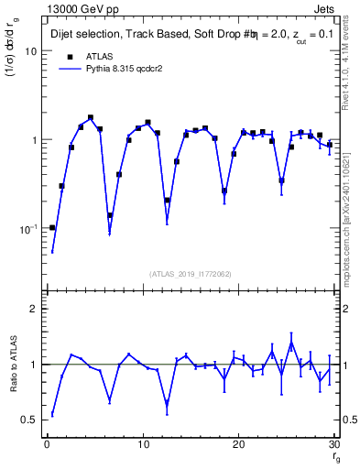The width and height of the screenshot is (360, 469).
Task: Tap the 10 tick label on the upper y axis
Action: point(30,51)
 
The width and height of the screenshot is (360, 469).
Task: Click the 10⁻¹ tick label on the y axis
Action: point(27,228)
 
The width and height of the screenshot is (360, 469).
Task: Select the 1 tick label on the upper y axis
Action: point(33,140)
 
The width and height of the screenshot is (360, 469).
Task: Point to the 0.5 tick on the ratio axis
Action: point(29,420)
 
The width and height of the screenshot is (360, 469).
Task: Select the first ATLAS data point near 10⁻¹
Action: point(52,227)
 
